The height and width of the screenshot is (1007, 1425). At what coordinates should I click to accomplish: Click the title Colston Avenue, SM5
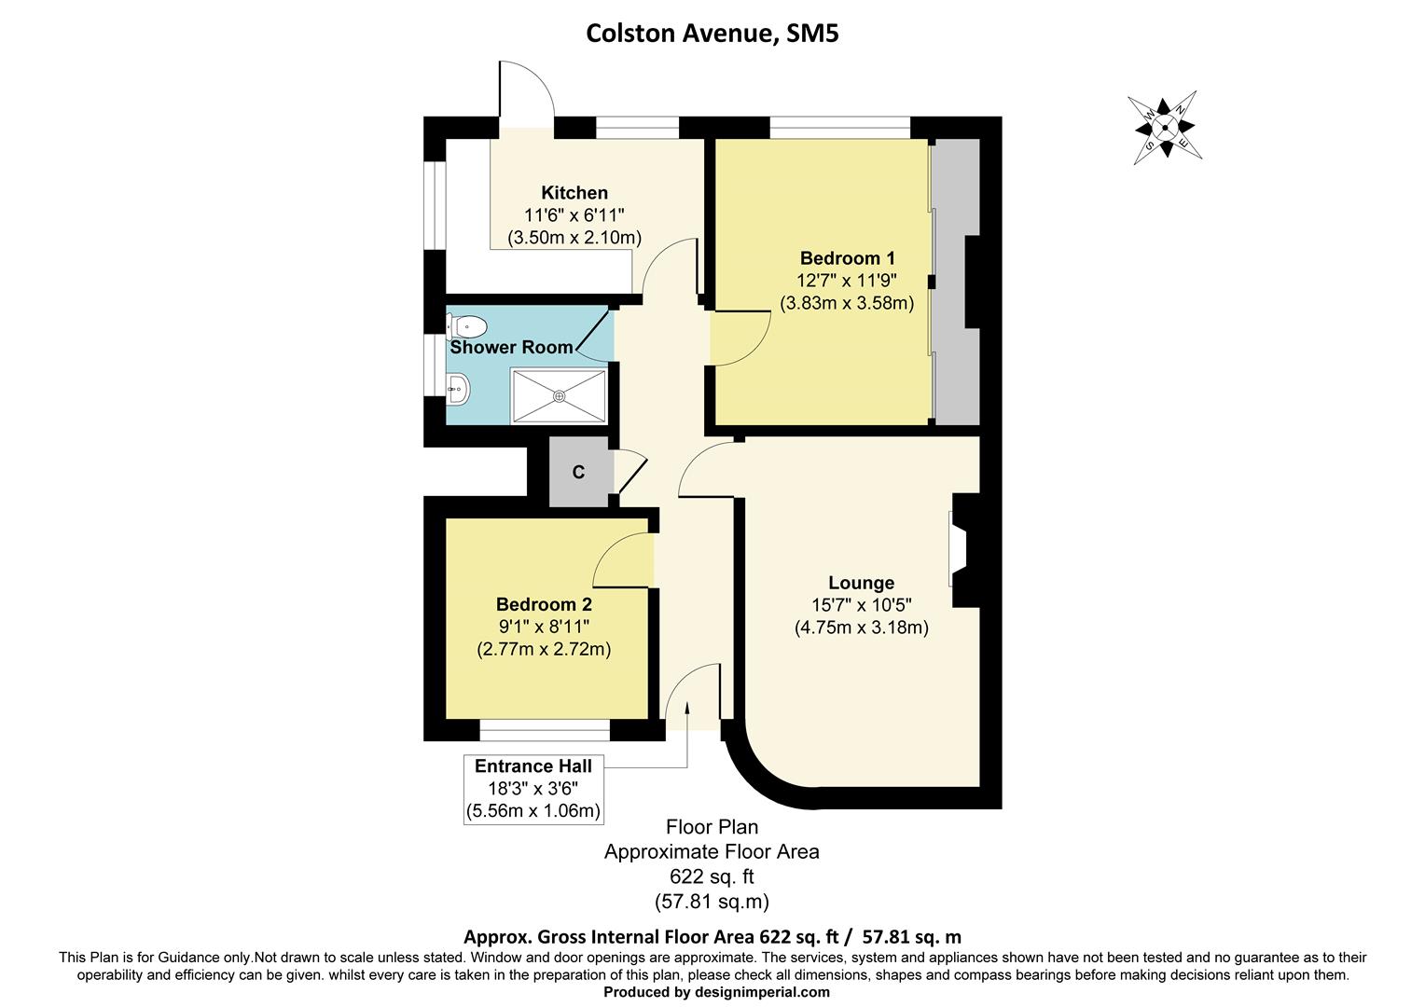click(x=712, y=34)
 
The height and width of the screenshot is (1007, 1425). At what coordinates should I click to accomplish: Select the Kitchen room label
click(x=574, y=193)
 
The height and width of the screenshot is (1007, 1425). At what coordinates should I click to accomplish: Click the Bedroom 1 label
click(x=847, y=258)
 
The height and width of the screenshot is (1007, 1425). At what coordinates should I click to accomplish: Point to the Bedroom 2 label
click(x=544, y=604)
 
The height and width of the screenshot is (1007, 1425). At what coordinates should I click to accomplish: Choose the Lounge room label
click(x=861, y=583)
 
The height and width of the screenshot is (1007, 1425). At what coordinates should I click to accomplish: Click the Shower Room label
click(x=511, y=347)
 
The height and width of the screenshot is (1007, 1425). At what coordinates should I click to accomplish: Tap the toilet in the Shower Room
click(x=468, y=326)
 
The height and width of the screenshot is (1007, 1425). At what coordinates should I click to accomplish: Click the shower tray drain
click(x=560, y=396)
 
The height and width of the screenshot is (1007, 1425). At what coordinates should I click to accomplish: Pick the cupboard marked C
click(x=578, y=473)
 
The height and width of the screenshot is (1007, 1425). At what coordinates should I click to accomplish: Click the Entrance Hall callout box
click(x=533, y=789)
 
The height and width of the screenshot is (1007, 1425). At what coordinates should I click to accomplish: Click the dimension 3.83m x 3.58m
click(x=847, y=303)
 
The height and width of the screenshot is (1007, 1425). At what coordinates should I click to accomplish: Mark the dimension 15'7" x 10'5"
click(x=861, y=605)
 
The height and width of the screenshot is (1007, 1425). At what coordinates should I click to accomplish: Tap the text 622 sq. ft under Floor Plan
click(x=712, y=876)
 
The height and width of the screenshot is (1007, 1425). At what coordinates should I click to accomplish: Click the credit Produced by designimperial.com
click(x=716, y=992)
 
